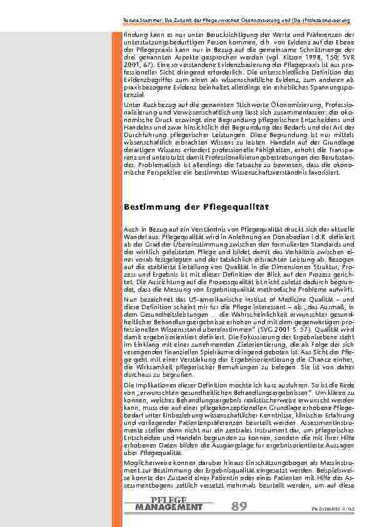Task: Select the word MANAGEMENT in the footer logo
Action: click(169, 507)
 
